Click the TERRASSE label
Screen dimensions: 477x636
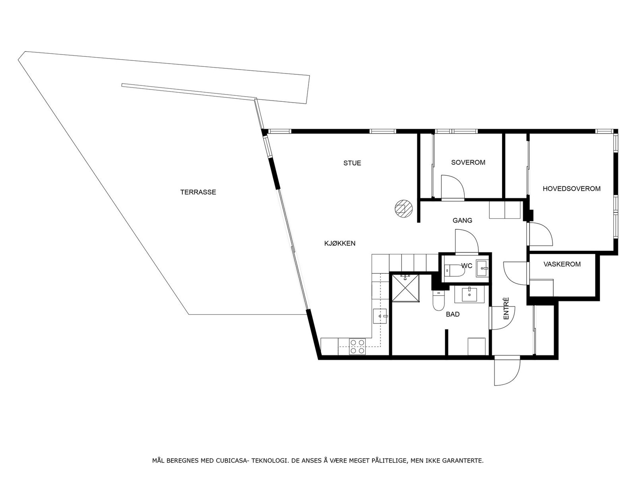[198, 192]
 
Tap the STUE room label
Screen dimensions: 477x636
[352, 163]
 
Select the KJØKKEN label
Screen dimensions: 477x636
[340, 243]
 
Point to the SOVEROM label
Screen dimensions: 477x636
[468, 163]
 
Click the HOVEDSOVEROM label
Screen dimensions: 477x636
[572, 189]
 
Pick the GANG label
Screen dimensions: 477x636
[462, 221]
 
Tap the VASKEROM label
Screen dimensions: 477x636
[562, 264]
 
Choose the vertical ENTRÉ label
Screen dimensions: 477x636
[506, 309]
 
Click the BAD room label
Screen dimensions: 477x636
[453, 314]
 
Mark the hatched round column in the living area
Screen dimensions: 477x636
[403, 208]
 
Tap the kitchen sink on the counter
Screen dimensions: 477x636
[380, 316]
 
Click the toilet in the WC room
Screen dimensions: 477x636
[455, 271]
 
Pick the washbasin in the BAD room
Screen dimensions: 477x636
[469, 295]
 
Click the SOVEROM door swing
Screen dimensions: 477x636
[452, 186]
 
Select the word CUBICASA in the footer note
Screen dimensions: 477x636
[232, 461]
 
